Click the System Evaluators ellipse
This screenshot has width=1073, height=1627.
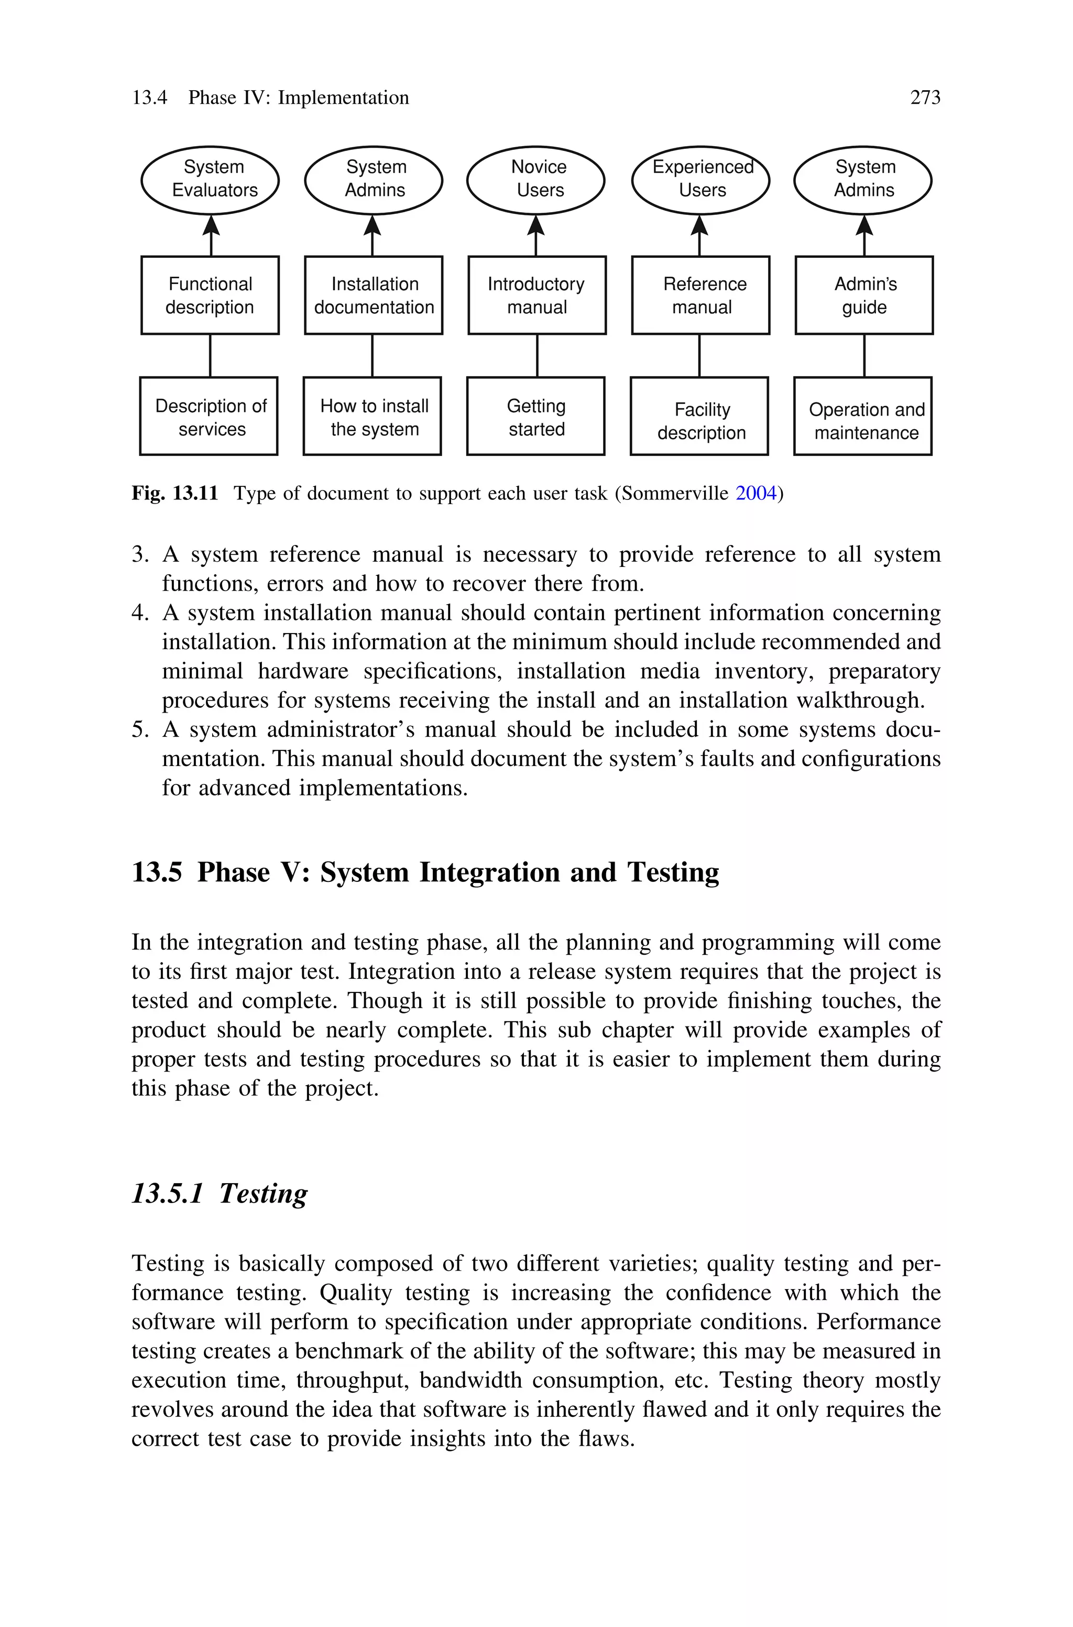[x=210, y=180]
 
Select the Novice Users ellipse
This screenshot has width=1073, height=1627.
[x=536, y=180]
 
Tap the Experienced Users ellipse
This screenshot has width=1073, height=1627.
[x=700, y=180]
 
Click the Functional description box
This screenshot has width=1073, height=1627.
[x=210, y=296]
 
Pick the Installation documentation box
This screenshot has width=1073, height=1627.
[x=374, y=296]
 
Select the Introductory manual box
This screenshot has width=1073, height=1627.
[x=537, y=296]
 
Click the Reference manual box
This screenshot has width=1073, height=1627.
[x=700, y=296]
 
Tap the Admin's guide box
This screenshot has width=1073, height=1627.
[x=864, y=296]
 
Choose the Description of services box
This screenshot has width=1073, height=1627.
[x=209, y=416]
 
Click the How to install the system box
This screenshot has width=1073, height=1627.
[x=373, y=416]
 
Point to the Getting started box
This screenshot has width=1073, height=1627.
[x=536, y=416]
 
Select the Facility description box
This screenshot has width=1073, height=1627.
[x=699, y=416]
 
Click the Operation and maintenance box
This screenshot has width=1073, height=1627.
[x=863, y=416]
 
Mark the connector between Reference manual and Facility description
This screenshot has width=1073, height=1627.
[x=699, y=356]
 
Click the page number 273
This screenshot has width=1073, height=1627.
[x=925, y=98]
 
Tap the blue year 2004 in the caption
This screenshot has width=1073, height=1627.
[x=756, y=493]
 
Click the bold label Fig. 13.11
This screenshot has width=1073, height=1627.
[x=174, y=493]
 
